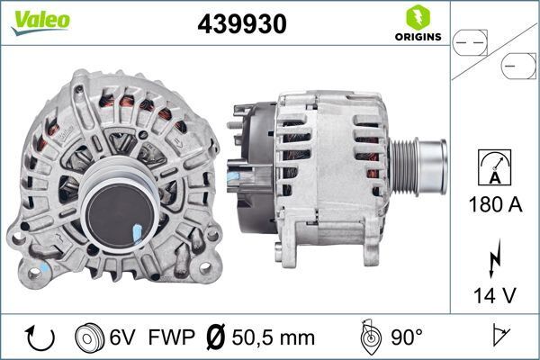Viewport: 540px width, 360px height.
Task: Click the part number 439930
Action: pos(242,25)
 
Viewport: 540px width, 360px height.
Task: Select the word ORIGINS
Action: pos(417,38)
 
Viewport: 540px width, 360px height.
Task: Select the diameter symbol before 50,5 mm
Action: pos(216,337)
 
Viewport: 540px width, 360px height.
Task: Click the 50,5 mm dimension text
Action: pos(274,337)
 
